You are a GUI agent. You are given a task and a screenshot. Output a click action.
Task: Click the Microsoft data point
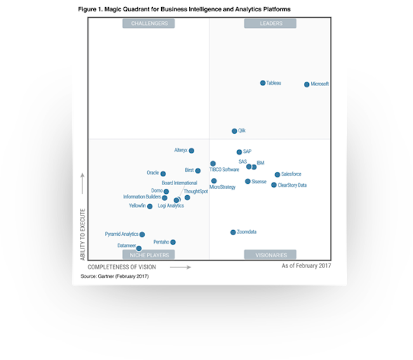[307, 84]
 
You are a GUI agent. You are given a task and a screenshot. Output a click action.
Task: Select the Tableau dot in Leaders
[263, 83]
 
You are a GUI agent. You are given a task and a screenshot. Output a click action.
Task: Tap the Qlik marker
[234, 131]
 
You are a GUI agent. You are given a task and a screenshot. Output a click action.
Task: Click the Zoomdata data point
[233, 233]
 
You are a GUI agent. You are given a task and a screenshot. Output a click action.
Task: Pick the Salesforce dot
[277, 174]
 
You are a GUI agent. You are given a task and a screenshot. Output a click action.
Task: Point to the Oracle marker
[163, 174]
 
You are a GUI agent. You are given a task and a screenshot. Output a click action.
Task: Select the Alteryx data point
[192, 151]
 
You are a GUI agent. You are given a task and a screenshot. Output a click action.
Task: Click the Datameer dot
[139, 248]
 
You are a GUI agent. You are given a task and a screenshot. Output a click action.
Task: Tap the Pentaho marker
[173, 242]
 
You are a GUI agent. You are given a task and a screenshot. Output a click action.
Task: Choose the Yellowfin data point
[150, 207]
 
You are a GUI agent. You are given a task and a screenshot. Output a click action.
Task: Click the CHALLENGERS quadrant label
[149, 23]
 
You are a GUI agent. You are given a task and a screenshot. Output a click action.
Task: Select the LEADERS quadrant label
[271, 23]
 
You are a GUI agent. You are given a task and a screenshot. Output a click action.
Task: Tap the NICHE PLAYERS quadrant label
[149, 255]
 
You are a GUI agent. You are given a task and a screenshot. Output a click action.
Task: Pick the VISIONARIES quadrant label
[271, 255]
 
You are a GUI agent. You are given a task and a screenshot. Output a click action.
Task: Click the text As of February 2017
[306, 266]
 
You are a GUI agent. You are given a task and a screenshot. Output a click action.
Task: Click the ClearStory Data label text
[292, 185]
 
